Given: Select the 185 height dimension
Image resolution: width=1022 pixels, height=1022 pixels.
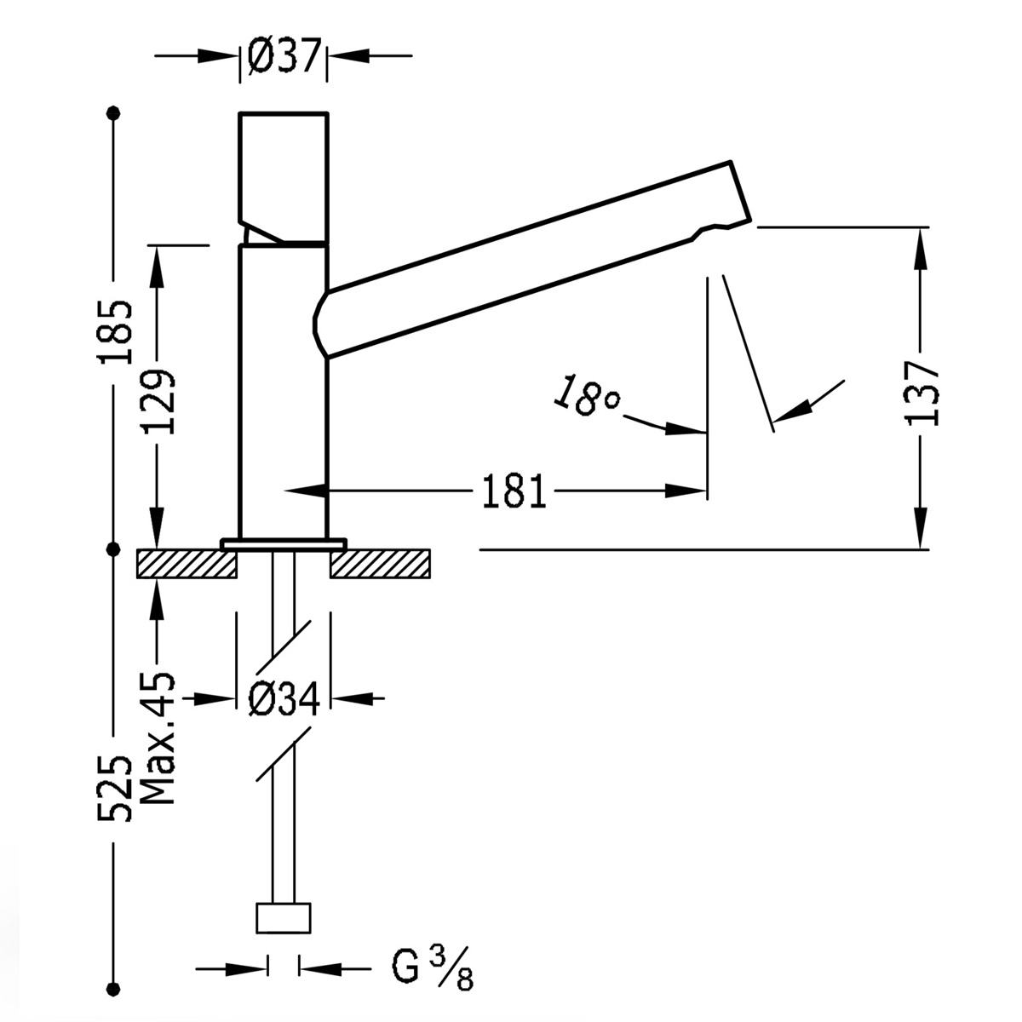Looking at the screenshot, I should tap(114, 331).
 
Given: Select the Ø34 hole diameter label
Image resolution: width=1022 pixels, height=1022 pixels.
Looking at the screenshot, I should tap(284, 699).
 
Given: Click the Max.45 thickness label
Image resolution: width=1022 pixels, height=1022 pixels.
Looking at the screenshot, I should tap(158, 738).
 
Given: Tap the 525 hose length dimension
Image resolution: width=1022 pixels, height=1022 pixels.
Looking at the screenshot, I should tap(114, 787).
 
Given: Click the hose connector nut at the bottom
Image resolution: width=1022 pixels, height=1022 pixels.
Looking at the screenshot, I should tap(283, 919).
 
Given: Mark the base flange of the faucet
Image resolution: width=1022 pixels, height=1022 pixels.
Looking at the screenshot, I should tap(284, 543).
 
